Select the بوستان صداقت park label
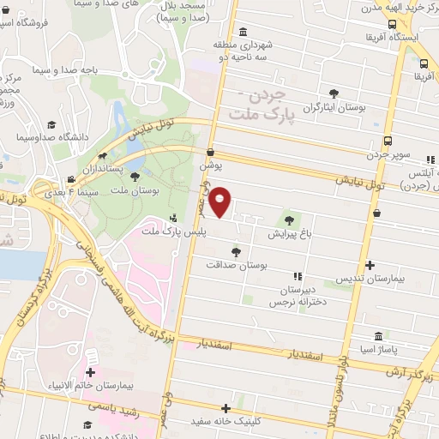(237, 266)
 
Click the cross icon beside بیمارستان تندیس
(370, 266)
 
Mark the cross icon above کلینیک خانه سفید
(226, 409)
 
